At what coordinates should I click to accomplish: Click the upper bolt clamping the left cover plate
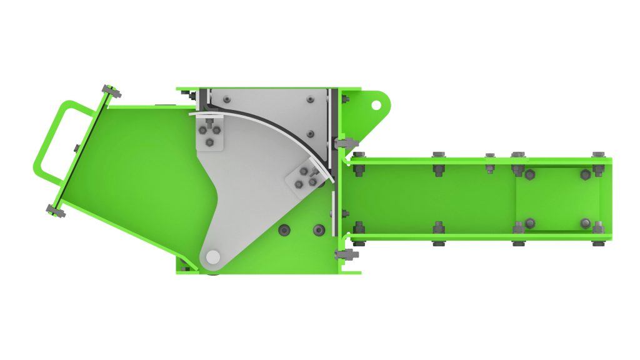[112, 92]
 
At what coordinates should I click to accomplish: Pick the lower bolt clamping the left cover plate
[56, 211]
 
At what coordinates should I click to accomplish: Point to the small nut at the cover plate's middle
[76, 148]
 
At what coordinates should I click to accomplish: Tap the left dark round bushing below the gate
[284, 231]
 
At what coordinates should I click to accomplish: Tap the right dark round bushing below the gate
[319, 231]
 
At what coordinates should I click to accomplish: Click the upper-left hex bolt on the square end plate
[529, 174]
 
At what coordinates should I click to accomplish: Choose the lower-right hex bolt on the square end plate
[586, 222]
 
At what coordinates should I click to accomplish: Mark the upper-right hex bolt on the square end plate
[586, 174]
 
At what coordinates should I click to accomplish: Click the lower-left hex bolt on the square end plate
[529, 222]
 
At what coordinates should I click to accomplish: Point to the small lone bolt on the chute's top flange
[490, 155]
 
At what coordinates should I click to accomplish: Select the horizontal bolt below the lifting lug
[344, 143]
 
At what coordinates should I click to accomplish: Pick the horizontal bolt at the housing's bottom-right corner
[344, 254]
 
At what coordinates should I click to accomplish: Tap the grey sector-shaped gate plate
[250, 187]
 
